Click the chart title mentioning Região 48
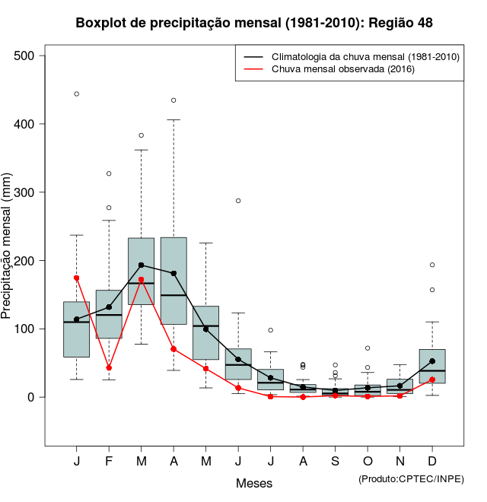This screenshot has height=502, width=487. coord(254,23)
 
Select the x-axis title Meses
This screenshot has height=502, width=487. coord(254,483)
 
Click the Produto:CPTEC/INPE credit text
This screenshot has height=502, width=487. coord(410,478)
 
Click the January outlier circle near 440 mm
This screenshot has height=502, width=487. coord(77,94)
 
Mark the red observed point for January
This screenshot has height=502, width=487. coord(77,278)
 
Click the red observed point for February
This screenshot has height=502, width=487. coord(109,367)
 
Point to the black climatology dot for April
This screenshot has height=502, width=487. coord(173,273)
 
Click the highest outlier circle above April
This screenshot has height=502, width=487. coord(173,100)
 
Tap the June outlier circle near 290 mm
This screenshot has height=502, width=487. coord(238,201)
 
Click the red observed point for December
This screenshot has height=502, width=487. coord(432,380)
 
